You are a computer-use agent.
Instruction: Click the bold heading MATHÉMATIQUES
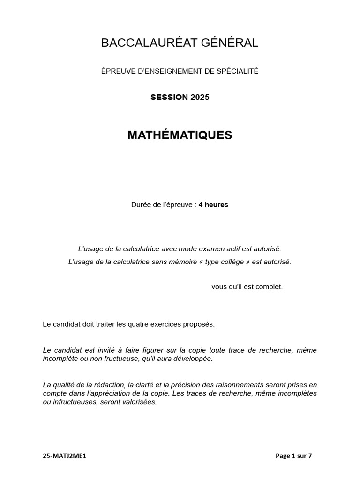pos(180,135)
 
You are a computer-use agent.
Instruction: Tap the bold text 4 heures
pos(213,205)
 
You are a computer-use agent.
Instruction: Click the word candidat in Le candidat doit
pos(66,324)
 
